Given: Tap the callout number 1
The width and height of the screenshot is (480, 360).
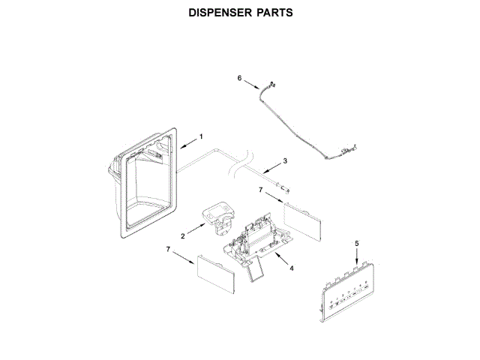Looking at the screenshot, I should pyautogui.click(x=201, y=136).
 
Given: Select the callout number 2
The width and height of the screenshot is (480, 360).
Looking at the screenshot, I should pyautogui.click(x=172, y=236).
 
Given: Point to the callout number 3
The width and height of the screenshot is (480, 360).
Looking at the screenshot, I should pyautogui.click(x=283, y=160).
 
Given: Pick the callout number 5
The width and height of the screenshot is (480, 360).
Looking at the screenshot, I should pyautogui.click(x=356, y=243).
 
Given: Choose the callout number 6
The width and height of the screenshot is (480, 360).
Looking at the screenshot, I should pyautogui.click(x=240, y=77).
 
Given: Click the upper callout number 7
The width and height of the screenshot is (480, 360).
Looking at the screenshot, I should pyautogui.click(x=260, y=191).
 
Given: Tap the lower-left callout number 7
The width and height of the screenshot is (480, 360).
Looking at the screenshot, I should pyautogui.click(x=168, y=248).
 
